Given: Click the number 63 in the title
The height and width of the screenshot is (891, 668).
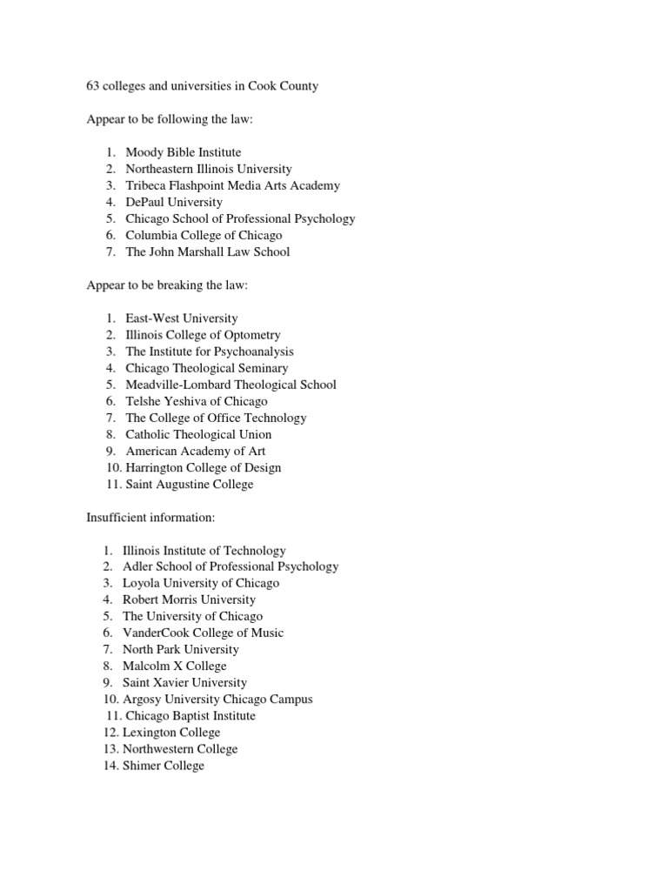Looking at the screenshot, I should point(93,86).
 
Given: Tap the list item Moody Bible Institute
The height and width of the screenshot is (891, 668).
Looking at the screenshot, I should point(183,152).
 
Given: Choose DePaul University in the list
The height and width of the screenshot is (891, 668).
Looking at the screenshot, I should point(174,202).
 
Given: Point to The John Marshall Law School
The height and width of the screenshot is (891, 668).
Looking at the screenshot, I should point(207,251).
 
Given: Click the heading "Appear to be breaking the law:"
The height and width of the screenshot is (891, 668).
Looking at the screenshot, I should point(168,285).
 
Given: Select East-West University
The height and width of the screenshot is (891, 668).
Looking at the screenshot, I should point(181,318).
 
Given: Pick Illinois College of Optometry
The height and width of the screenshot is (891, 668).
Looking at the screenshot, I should point(203,335).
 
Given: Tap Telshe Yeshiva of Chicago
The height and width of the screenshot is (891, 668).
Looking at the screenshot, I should point(197,401).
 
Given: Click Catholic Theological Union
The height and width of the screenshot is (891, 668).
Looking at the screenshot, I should point(198,434).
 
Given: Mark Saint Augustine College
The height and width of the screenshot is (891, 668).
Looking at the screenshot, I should point(190,484).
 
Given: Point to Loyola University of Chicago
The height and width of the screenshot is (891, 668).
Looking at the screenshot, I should point(201,584).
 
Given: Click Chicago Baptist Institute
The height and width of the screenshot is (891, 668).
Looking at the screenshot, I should point(190,716).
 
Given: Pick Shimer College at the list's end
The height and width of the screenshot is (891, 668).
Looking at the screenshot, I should point(164,766).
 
